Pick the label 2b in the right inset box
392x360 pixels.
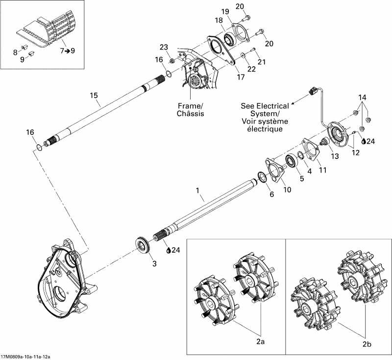(x=367, y=344)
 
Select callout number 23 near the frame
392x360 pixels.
(x=164, y=48)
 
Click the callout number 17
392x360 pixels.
(x=240, y=77)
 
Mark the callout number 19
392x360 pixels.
(x=225, y=11)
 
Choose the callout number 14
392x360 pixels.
(x=362, y=97)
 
